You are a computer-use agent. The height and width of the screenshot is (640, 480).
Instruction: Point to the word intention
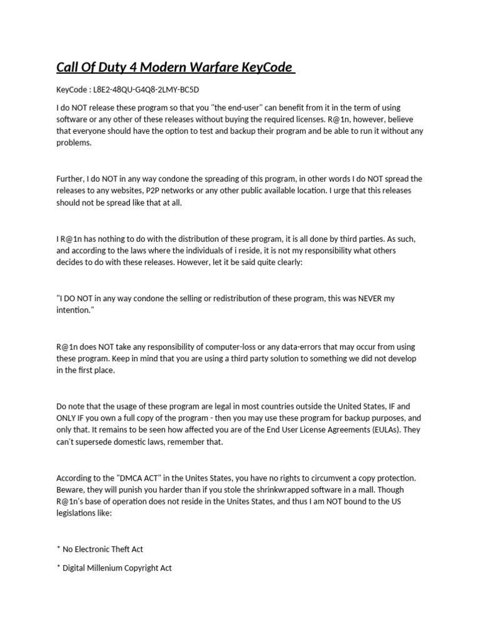(x=74, y=310)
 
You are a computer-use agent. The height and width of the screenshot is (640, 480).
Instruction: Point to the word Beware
(x=71, y=490)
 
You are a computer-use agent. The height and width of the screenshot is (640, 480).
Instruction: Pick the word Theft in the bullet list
(x=117, y=549)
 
